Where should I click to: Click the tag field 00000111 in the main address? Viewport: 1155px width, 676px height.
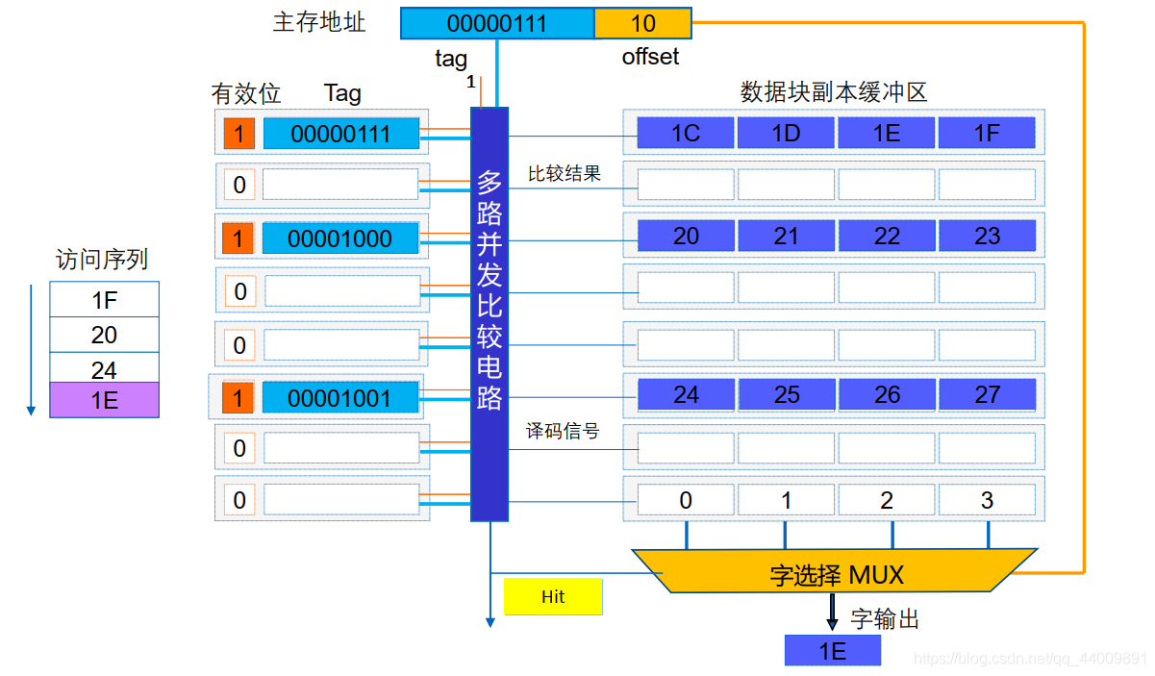coord(497,22)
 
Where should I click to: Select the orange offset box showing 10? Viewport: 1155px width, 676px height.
coord(642,22)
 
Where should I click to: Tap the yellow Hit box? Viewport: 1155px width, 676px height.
coord(553,597)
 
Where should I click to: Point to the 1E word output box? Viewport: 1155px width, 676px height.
coord(833,651)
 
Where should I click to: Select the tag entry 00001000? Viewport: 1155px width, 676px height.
coord(340,238)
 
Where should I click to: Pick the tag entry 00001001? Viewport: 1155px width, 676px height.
coord(340,397)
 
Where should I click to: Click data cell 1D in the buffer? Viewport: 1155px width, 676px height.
coord(787,133)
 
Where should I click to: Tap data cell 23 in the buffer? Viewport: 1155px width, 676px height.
coord(987,237)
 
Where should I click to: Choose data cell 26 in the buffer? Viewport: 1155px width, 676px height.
coord(887,394)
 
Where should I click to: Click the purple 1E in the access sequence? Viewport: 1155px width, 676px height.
coord(104,400)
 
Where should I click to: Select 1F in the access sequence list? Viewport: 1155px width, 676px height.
coord(104,300)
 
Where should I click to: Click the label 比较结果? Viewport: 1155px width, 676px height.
coord(565,174)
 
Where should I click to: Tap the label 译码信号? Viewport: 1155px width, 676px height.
coord(563,432)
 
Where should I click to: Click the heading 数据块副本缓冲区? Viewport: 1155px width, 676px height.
coord(833,92)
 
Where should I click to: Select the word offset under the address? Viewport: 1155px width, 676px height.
coord(650,57)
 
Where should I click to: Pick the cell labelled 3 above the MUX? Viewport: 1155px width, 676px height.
coord(987,500)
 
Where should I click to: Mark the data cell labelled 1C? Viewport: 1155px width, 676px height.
coord(686,133)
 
